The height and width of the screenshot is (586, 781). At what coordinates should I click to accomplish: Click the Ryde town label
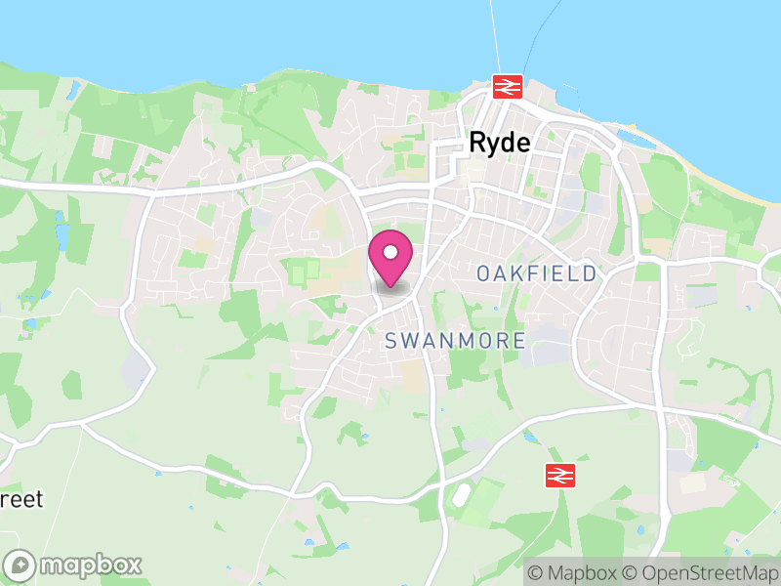click(x=500, y=143)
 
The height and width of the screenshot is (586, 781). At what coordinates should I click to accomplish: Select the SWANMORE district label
click(x=455, y=341)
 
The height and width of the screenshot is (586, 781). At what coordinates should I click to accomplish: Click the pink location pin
click(x=390, y=256)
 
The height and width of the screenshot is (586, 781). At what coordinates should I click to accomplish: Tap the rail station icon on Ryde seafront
click(x=507, y=86)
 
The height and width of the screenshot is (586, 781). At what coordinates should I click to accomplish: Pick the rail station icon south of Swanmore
click(x=559, y=476)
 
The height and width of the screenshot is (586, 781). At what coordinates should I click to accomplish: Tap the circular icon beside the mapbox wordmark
click(x=21, y=565)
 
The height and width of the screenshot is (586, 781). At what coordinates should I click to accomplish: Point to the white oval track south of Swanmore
click(x=460, y=495)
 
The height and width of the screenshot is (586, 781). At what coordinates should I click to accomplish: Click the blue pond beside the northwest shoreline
click(x=73, y=90)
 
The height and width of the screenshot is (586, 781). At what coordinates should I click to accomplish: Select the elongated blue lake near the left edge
click(x=62, y=234)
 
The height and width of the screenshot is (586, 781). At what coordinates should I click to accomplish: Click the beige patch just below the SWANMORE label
click(x=415, y=377)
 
